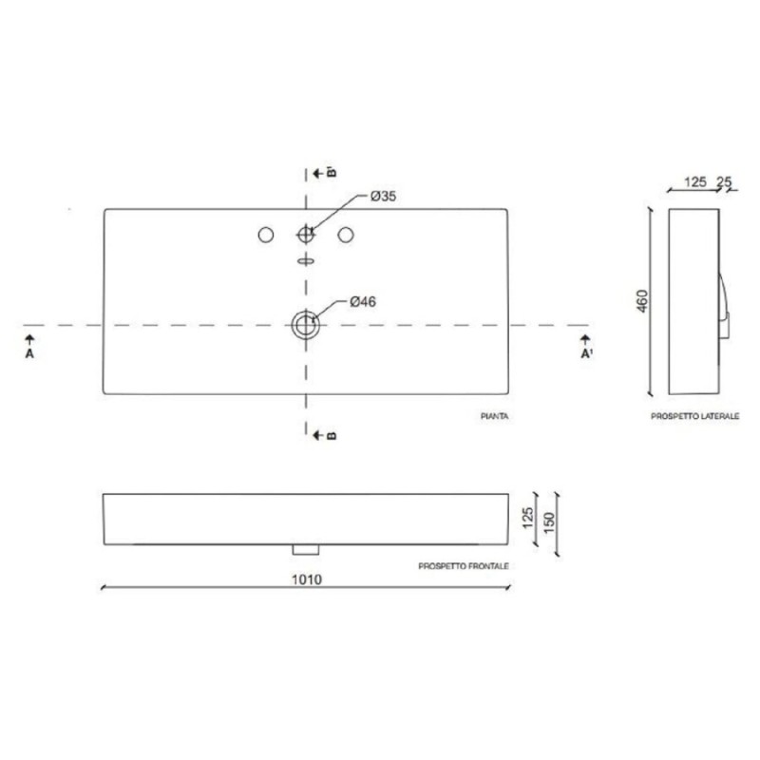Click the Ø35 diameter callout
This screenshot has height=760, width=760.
[x=383, y=197]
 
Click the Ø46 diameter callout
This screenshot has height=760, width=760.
[x=363, y=301]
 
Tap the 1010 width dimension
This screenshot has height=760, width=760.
[x=306, y=579]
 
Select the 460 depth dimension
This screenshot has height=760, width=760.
[x=642, y=301]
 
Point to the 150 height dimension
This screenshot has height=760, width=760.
[x=549, y=523]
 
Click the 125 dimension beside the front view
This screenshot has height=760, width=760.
[x=528, y=518]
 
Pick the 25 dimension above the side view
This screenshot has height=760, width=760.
[x=724, y=181]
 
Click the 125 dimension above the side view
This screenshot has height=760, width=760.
[x=695, y=181]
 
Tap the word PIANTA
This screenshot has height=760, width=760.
[x=494, y=416]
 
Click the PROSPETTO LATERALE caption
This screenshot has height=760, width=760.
[x=695, y=416]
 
